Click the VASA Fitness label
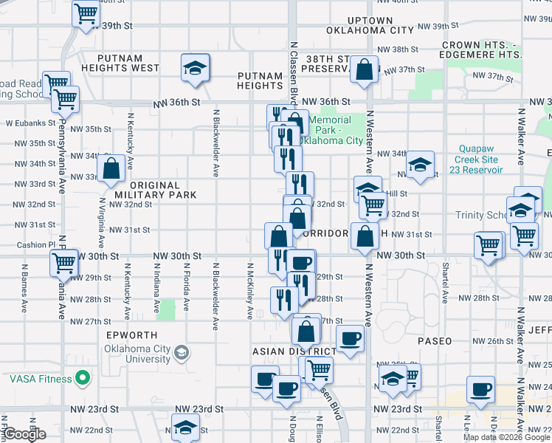(x=41, y=379)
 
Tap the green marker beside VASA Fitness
(x=83, y=380)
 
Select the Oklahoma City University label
(x=137, y=354)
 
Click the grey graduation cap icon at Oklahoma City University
(x=181, y=354)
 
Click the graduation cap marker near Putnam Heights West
(x=195, y=68)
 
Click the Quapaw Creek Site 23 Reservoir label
(x=480, y=159)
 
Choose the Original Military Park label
(x=156, y=190)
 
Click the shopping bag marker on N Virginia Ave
(x=111, y=168)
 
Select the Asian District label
(x=283, y=351)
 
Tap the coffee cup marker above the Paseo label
(x=351, y=338)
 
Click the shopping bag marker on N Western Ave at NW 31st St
(x=365, y=236)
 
